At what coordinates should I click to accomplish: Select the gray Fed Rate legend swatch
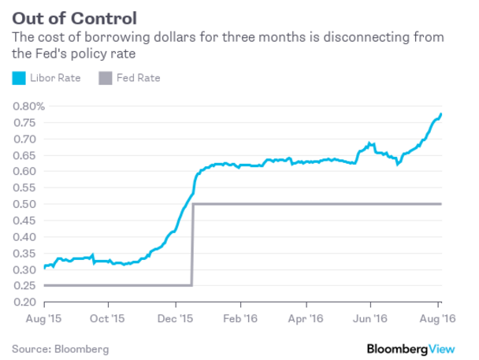point(105,78)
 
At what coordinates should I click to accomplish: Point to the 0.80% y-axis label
point(28,106)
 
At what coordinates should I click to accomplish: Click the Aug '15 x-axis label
point(45,321)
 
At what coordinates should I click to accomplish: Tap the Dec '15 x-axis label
point(176,321)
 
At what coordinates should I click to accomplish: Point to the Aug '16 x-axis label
point(438,321)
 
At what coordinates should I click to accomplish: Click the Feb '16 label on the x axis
point(243,321)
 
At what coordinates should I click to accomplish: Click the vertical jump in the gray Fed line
point(192,244)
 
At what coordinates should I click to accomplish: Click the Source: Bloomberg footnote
point(60,347)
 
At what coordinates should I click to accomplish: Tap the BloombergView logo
point(418,347)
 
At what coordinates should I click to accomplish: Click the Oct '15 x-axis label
point(109,321)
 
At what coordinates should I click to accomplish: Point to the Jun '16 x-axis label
point(373,321)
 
